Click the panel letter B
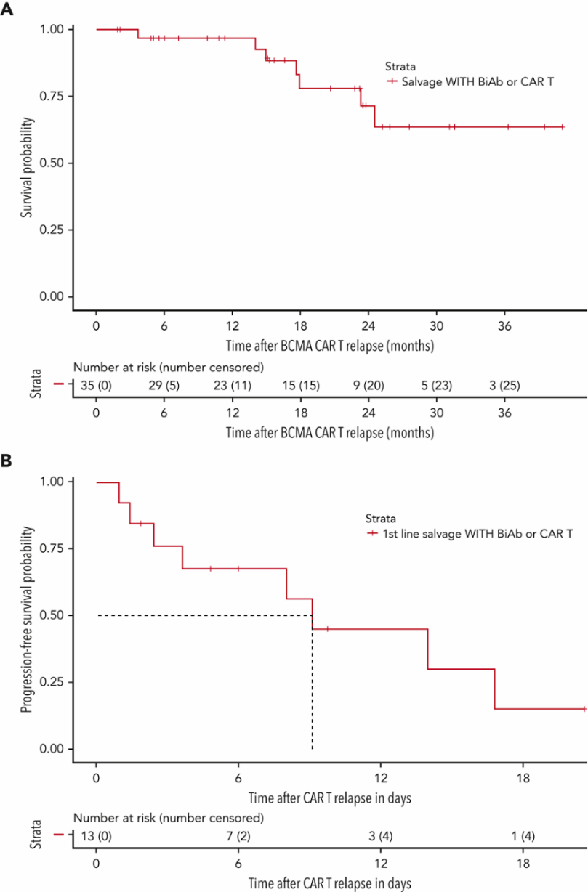tap(7, 461)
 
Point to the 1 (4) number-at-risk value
tap(523, 836)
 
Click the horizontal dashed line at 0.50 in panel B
tap(204, 615)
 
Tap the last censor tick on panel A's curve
tap(563, 127)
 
